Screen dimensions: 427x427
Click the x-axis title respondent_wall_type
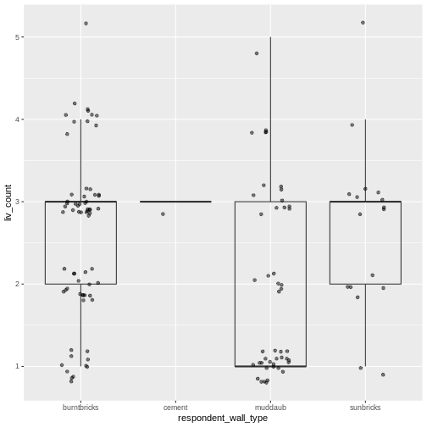click(224, 419)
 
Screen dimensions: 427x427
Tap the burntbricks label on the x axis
click(81, 408)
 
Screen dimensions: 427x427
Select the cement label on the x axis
click(175, 408)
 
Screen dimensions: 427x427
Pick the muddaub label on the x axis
click(270, 408)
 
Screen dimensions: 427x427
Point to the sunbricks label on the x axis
click(365, 408)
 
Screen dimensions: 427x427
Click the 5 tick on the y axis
click(17, 37)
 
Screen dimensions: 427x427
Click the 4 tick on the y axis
click(17, 119)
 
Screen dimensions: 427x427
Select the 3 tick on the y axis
click(17, 202)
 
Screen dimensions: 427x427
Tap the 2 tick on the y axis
click(17, 284)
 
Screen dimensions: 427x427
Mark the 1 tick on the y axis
click(17, 366)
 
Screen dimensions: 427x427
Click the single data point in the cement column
click(163, 214)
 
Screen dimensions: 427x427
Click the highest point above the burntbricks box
click(86, 23)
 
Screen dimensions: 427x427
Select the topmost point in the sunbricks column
click(363, 23)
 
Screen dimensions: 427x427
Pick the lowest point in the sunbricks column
click(383, 374)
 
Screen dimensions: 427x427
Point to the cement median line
click(175, 202)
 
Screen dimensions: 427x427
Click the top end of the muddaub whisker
click(270, 37)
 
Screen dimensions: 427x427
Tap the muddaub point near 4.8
click(257, 53)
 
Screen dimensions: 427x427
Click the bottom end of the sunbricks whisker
click(365, 366)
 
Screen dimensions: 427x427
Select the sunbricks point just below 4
click(352, 125)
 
